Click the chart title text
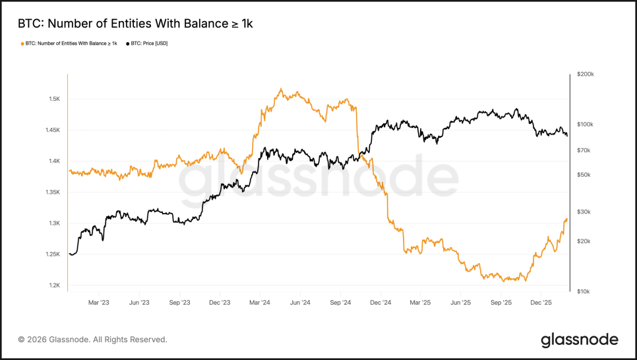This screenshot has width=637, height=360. tap(135, 24)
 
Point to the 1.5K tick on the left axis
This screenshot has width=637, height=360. tap(54, 99)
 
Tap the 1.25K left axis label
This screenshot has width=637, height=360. tap(53, 255)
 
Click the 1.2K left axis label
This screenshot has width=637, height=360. tap(54, 285)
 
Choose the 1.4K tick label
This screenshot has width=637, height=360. tap(54, 161)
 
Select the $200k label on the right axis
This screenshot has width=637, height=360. tap(586, 75)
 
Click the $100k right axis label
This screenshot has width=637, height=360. tap(586, 124)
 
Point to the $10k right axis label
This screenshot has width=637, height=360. tap(584, 291)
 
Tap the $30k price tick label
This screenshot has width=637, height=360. tap(584, 212)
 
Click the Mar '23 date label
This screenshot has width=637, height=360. tap(98, 303)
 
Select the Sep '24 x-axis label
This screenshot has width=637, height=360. tap(340, 303)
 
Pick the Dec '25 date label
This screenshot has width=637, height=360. tap(541, 303)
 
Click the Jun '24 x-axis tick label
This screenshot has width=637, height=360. tap(300, 303)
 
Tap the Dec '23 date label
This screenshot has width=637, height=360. tap(220, 303)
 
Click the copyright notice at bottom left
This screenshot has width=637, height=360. tap(92, 340)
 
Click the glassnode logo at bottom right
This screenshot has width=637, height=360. tap(580, 340)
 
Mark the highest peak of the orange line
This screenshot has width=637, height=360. tap(281, 89)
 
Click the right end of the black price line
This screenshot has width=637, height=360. tap(567, 135)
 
